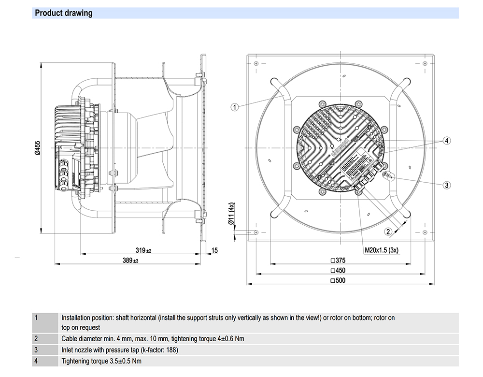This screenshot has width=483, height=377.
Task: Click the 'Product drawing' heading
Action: point(63,13)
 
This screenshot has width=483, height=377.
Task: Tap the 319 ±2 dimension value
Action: point(143,250)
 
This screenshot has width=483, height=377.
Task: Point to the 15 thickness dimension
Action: point(215,250)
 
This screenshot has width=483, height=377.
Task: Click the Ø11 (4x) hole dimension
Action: point(231,213)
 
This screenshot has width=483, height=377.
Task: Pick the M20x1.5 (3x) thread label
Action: point(381,250)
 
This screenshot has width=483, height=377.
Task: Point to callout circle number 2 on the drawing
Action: point(388,232)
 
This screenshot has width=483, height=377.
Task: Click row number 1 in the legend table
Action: point(36,318)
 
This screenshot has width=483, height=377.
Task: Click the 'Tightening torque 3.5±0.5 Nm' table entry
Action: point(101,361)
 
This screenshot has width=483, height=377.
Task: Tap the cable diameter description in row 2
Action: point(153,338)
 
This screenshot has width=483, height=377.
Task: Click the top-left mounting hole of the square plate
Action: point(256,63)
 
